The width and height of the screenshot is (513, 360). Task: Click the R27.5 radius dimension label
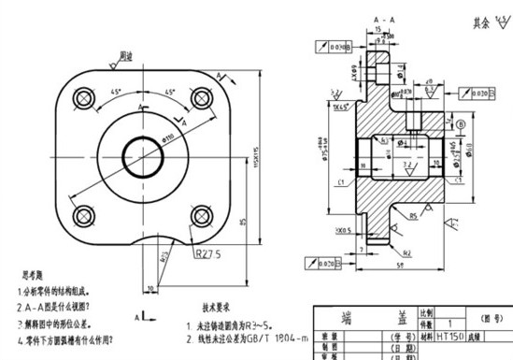[210, 253]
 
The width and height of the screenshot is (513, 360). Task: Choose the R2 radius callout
[407, 252]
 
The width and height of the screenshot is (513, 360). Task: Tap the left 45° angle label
[115, 93]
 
